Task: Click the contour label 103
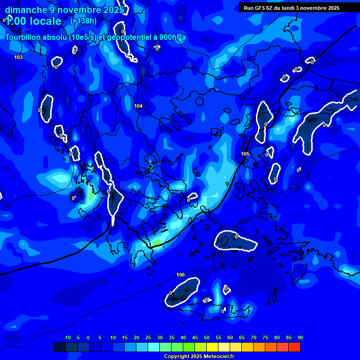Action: coord(18,57)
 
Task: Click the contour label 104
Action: coord(138,106)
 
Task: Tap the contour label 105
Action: coord(245,154)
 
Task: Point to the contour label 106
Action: coord(180,275)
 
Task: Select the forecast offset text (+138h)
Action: coord(83,21)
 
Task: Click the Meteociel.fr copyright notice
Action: coord(199,357)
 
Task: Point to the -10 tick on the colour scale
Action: coord(67,338)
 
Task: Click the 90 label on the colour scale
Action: coord(300,338)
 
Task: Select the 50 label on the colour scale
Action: coord(206,338)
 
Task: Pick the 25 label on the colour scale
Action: coord(148,338)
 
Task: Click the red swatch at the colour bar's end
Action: coord(294,347)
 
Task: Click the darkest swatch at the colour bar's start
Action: coord(60,347)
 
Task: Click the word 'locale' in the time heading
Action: coord(45,21)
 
